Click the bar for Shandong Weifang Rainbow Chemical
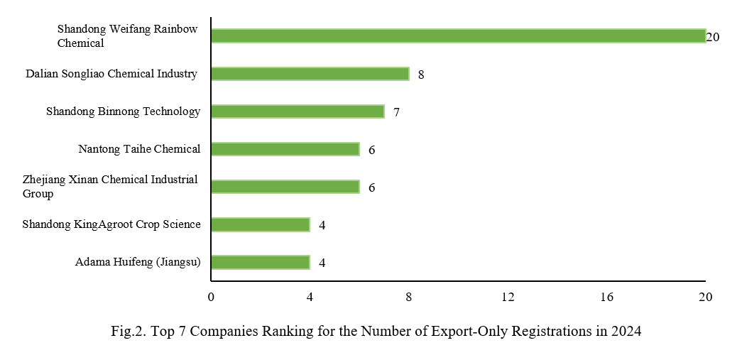(x=458, y=36)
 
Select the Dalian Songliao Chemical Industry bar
(x=310, y=74)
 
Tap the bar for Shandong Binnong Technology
(x=298, y=111)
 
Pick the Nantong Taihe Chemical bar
(x=285, y=149)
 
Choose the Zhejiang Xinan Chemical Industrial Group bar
(x=285, y=187)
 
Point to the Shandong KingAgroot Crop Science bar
(x=260, y=224)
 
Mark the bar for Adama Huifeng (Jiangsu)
(x=260, y=262)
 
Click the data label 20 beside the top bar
(x=713, y=37)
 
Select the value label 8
(x=421, y=75)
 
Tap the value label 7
(x=396, y=112)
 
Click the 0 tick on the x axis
(x=211, y=298)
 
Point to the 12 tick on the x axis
(x=508, y=298)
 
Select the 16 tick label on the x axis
(x=606, y=298)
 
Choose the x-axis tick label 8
(x=409, y=298)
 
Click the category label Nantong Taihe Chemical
(x=139, y=149)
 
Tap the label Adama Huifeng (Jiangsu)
(x=138, y=262)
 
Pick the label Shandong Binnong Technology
(x=123, y=111)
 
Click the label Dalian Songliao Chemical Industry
(x=111, y=74)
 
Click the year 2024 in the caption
(x=627, y=332)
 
